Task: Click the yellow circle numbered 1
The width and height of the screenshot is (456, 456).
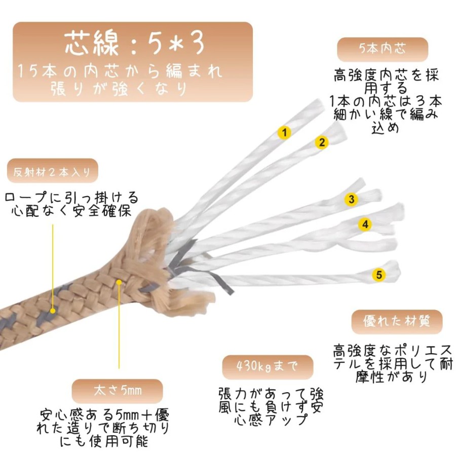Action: [284, 133]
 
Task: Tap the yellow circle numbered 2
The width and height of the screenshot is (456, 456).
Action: [322, 142]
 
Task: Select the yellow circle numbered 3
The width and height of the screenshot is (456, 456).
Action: [351, 199]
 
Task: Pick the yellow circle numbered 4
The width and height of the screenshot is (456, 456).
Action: [365, 224]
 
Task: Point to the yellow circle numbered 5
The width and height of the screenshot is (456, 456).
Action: [379, 275]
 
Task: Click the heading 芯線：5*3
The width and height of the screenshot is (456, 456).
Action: [134, 44]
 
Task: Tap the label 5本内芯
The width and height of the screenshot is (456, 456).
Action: [383, 49]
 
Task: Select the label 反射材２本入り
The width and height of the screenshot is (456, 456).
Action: [52, 172]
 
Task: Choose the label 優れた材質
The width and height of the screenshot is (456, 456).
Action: [397, 322]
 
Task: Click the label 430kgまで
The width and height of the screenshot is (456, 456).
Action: [268, 366]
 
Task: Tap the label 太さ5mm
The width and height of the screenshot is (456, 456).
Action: [118, 391]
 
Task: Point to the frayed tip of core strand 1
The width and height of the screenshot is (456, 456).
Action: [319, 105]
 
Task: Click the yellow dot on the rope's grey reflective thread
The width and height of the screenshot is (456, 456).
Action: [53, 311]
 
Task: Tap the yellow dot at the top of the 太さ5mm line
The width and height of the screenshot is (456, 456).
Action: [119, 282]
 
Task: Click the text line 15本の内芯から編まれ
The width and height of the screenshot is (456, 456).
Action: [120, 71]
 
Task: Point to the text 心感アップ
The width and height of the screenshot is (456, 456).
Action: [271, 420]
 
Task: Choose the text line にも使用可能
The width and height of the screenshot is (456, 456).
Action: [104, 441]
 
